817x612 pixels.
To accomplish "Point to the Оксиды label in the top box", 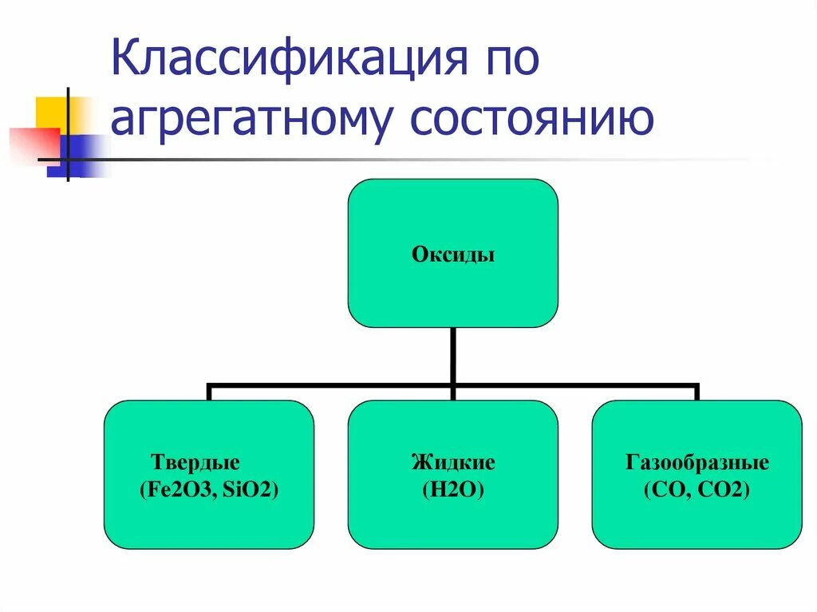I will tap(453, 255).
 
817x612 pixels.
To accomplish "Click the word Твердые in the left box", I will tap(195, 463).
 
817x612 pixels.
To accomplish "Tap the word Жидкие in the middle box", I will tap(453, 463).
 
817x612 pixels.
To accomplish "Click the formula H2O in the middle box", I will tap(453, 491).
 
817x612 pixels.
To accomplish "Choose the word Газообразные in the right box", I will tap(697, 463).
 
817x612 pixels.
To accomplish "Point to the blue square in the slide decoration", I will tap(80, 156).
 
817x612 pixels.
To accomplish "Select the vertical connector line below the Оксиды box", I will tap(453, 355).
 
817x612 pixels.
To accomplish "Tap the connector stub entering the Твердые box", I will tap(209, 393).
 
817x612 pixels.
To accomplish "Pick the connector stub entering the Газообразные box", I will tap(697, 393).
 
